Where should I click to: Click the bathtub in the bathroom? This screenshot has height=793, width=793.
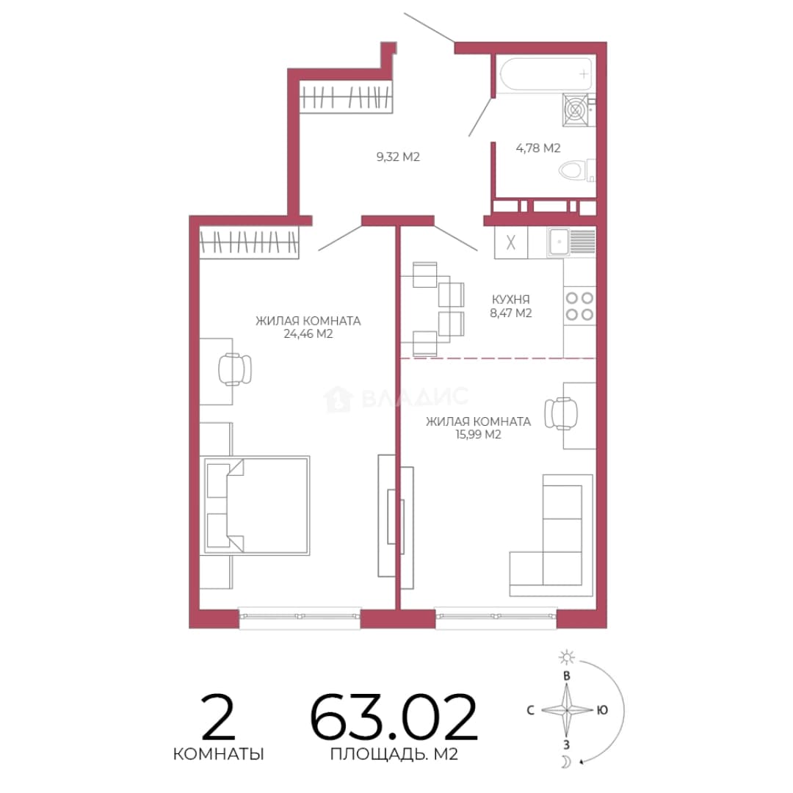point(545,74)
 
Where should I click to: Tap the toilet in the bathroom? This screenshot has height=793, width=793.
point(577,170)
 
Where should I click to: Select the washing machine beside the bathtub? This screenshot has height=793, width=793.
point(579,109)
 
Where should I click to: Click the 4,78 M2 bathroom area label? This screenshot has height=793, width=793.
point(538,148)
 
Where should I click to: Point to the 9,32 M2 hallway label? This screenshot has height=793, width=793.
point(398,157)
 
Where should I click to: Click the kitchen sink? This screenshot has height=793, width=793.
point(571,242)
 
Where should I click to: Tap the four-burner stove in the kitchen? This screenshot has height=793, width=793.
point(579,306)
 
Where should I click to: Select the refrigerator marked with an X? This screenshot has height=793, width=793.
point(511,242)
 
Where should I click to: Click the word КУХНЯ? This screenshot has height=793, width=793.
point(511,300)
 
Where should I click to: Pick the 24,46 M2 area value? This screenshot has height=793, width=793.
point(308,334)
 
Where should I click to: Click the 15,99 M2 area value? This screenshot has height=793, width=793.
point(479,435)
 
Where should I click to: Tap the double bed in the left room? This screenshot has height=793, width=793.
point(256,506)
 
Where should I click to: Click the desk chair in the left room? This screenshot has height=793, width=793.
point(235,369)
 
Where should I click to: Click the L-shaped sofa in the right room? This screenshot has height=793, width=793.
point(551,535)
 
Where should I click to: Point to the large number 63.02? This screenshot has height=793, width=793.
point(394,717)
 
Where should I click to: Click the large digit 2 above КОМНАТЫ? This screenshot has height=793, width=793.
point(219,717)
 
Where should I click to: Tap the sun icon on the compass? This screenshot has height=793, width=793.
point(566,657)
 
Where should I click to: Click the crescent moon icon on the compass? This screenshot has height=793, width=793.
point(566,761)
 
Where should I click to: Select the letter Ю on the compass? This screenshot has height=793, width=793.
point(602,710)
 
